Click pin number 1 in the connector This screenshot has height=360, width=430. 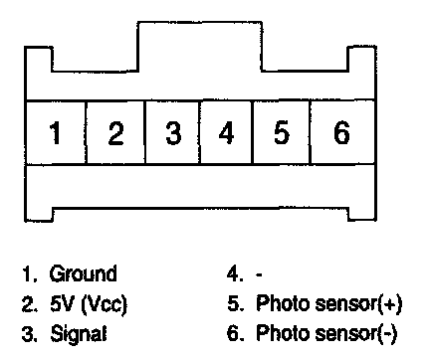(56, 132)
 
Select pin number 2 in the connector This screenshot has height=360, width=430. (115, 132)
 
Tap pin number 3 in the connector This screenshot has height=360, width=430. (173, 132)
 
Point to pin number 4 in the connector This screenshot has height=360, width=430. (226, 132)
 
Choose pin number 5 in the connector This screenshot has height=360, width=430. (282, 132)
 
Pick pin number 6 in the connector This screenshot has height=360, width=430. (341, 132)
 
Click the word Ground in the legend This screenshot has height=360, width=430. (84, 273)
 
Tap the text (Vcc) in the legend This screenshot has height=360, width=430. (104, 304)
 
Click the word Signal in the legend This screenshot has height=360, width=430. (79, 333)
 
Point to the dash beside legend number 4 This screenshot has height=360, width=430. (259, 274)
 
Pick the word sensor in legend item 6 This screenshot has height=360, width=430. (346, 335)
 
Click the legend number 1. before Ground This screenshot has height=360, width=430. (29, 273)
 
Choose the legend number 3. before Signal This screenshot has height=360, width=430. (29, 333)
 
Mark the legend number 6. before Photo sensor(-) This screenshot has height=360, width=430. (236, 333)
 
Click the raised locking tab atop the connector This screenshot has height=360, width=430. (200, 47)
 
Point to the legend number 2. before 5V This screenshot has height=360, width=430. (29, 303)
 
